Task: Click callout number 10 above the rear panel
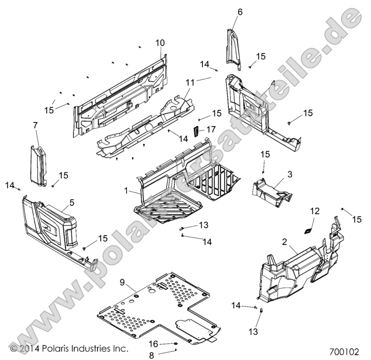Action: pyautogui.click(x=159, y=43)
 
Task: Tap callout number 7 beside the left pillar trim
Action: pyautogui.click(x=35, y=124)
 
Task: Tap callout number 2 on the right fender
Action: pyautogui.click(x=284, y=241)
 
